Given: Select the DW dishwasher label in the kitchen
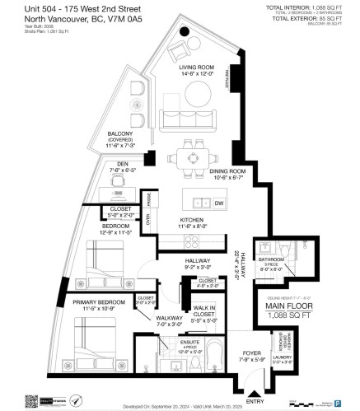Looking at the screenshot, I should pyautogui.click(x=218, y=203).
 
